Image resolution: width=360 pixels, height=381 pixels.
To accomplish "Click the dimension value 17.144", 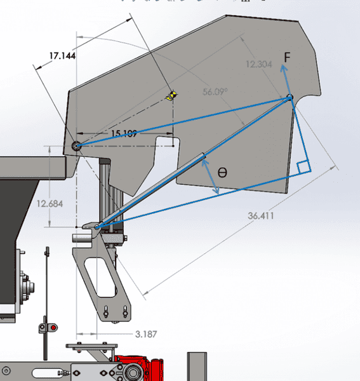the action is [x=62, y=56].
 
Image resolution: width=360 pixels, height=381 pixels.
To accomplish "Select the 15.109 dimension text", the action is [x=124, y=133].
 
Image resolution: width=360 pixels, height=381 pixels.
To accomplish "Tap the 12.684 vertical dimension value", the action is [x=50, y=204].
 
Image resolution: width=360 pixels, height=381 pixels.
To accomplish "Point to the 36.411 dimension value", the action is [x=261, y=215].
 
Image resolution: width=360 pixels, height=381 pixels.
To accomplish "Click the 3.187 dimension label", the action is [x=146, y=335].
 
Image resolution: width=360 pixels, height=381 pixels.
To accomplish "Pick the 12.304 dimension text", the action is [x=259, y=64].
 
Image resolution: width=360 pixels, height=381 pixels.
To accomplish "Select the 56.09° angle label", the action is [x=215, y=92].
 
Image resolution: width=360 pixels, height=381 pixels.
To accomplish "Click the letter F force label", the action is [x=287, y=57].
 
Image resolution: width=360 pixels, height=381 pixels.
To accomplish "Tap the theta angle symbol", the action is [x=222, y=173].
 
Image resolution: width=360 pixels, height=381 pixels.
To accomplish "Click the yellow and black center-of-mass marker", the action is [x=171, y=95].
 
